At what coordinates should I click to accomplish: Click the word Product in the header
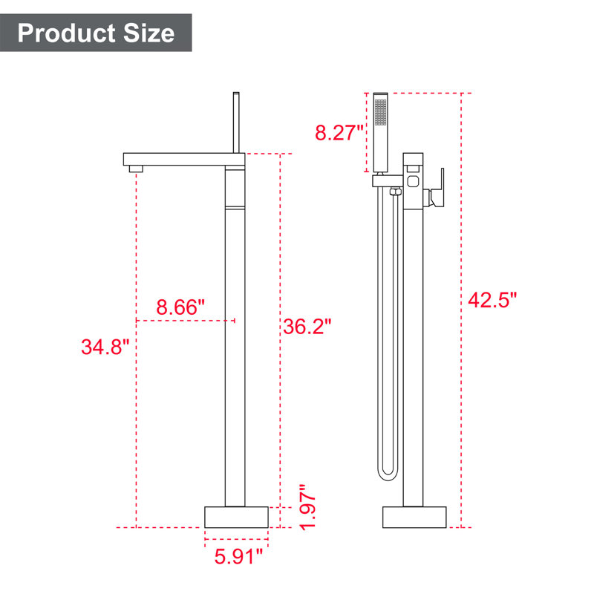click(x=66, y=33)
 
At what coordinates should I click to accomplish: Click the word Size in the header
click(x=149, y=33)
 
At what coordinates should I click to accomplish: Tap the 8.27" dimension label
click(x=339, y=133)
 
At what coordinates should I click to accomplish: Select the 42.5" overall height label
click(x=492, y=300)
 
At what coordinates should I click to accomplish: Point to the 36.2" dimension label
click(x=307, y=326)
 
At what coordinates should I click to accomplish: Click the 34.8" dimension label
click(x=105, y=347)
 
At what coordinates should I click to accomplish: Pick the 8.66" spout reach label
click(x=180, y=307)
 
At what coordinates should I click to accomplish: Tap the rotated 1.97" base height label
click(x=307, y=507)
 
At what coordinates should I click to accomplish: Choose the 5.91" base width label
click(x=238, y=556)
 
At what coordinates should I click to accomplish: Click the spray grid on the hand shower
click(x=380, y=112)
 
